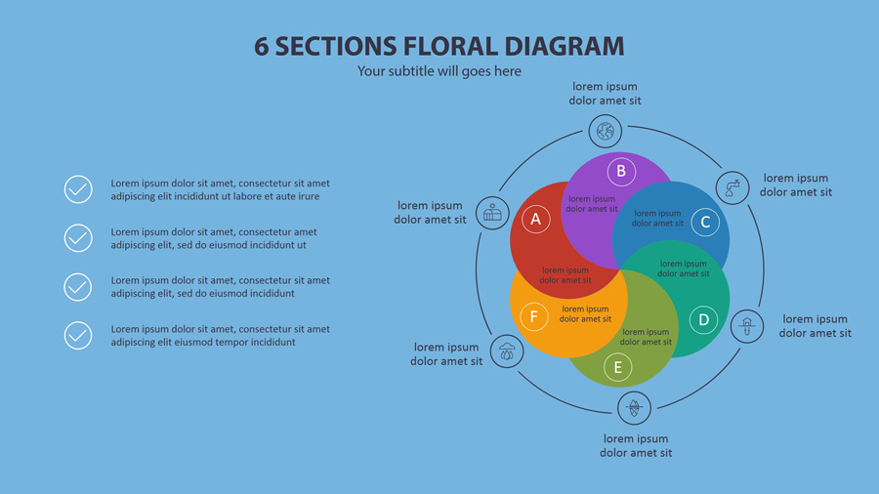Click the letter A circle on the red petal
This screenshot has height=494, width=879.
point(535,220)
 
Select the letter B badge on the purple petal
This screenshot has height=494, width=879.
point(620,172)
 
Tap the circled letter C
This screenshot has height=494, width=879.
point(705,223)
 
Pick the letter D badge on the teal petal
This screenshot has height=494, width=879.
point(703,319)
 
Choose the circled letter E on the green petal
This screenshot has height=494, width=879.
point(617,368)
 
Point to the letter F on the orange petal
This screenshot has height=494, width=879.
point(533,316)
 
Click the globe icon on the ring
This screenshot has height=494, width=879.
point(606,130)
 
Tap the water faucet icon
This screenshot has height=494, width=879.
point(732,187)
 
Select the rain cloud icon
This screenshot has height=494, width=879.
point(507,351)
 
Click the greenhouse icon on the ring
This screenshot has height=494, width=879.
point(493,213)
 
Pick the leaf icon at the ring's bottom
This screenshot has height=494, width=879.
point(634,407)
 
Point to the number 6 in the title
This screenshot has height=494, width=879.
point(262,46)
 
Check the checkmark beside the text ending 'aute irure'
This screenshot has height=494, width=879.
point(78,189)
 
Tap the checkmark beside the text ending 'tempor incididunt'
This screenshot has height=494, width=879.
point(78,336)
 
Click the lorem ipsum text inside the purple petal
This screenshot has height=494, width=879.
point(592,204)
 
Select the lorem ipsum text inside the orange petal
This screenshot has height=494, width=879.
point(586,314)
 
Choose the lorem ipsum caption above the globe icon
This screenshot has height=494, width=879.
point(606,94)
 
